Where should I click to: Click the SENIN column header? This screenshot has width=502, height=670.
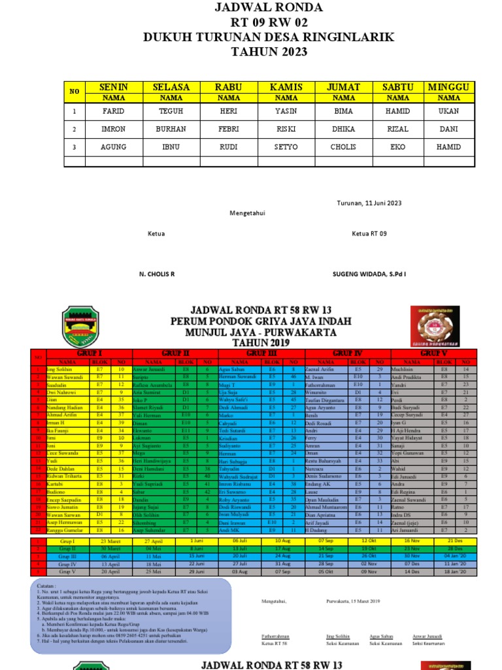pos(112,87)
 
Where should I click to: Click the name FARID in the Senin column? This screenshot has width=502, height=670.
pos(112,111)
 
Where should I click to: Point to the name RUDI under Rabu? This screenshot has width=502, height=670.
pos(228,147)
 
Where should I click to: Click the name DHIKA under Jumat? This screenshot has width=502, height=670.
pos(343,129)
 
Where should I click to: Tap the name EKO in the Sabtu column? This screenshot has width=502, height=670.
pos(397,147)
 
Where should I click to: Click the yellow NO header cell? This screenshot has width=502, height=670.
pos(75,92)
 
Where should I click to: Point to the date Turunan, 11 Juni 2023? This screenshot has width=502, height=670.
pos(369,203)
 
